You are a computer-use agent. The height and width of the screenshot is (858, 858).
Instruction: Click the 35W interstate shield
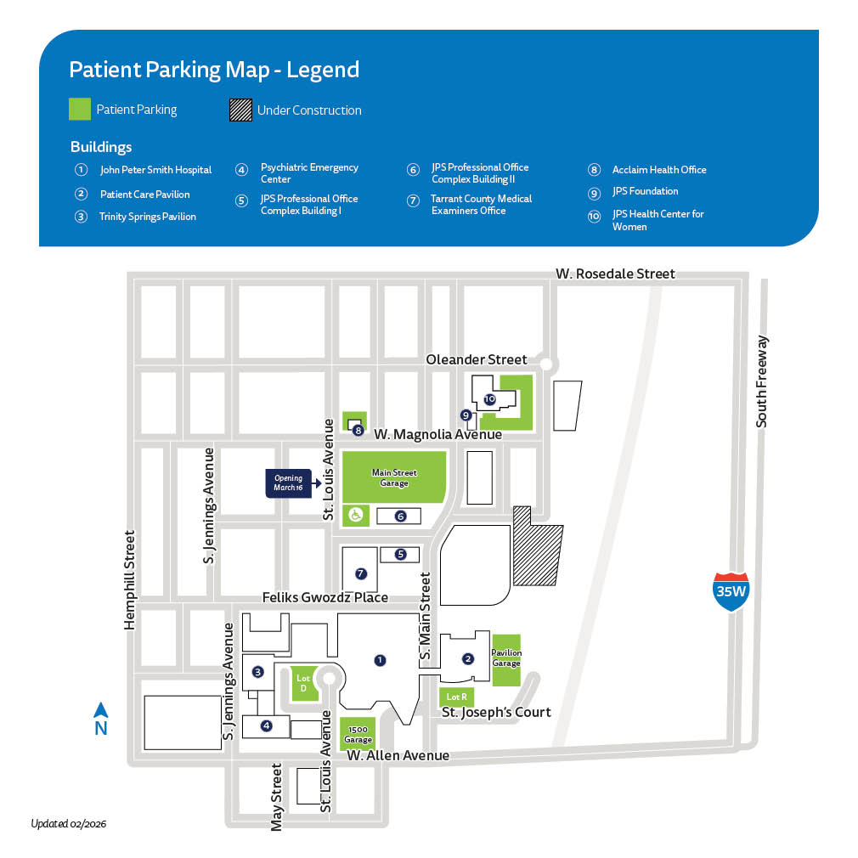coord(731,592)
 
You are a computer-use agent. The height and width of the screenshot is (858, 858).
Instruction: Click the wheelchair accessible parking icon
coord(356,515)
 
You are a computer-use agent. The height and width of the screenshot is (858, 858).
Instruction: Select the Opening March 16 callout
coord(289,483)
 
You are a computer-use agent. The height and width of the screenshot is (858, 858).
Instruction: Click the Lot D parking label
coord(303,682)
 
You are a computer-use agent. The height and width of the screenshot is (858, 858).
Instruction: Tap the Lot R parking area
coord(456,697)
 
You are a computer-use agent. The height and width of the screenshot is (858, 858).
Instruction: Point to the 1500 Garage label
coord(358,735)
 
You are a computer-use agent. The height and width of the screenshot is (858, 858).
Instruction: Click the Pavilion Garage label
coord(506,658)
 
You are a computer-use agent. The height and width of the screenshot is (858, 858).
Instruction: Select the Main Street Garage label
coord(393,477)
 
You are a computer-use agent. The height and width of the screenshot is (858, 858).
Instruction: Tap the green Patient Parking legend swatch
coord(80,110)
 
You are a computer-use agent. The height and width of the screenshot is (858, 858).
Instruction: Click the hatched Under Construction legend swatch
coord(240,110)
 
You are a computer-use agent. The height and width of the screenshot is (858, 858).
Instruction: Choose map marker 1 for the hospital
coord(380,658)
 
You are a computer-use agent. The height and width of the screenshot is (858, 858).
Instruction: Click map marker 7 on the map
coord(360,573)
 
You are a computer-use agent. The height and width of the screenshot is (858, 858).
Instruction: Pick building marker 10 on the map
coord(489,398)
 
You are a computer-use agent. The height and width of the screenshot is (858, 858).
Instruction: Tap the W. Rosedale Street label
coord(615,274)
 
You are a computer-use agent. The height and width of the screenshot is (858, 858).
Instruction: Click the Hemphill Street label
coord(130,580)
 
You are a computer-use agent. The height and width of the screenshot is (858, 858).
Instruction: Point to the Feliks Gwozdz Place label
coord(314,597)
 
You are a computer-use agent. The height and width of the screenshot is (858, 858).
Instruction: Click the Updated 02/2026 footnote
coord(69,823)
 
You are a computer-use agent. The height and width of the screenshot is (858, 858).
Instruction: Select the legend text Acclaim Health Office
coord(659,170)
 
